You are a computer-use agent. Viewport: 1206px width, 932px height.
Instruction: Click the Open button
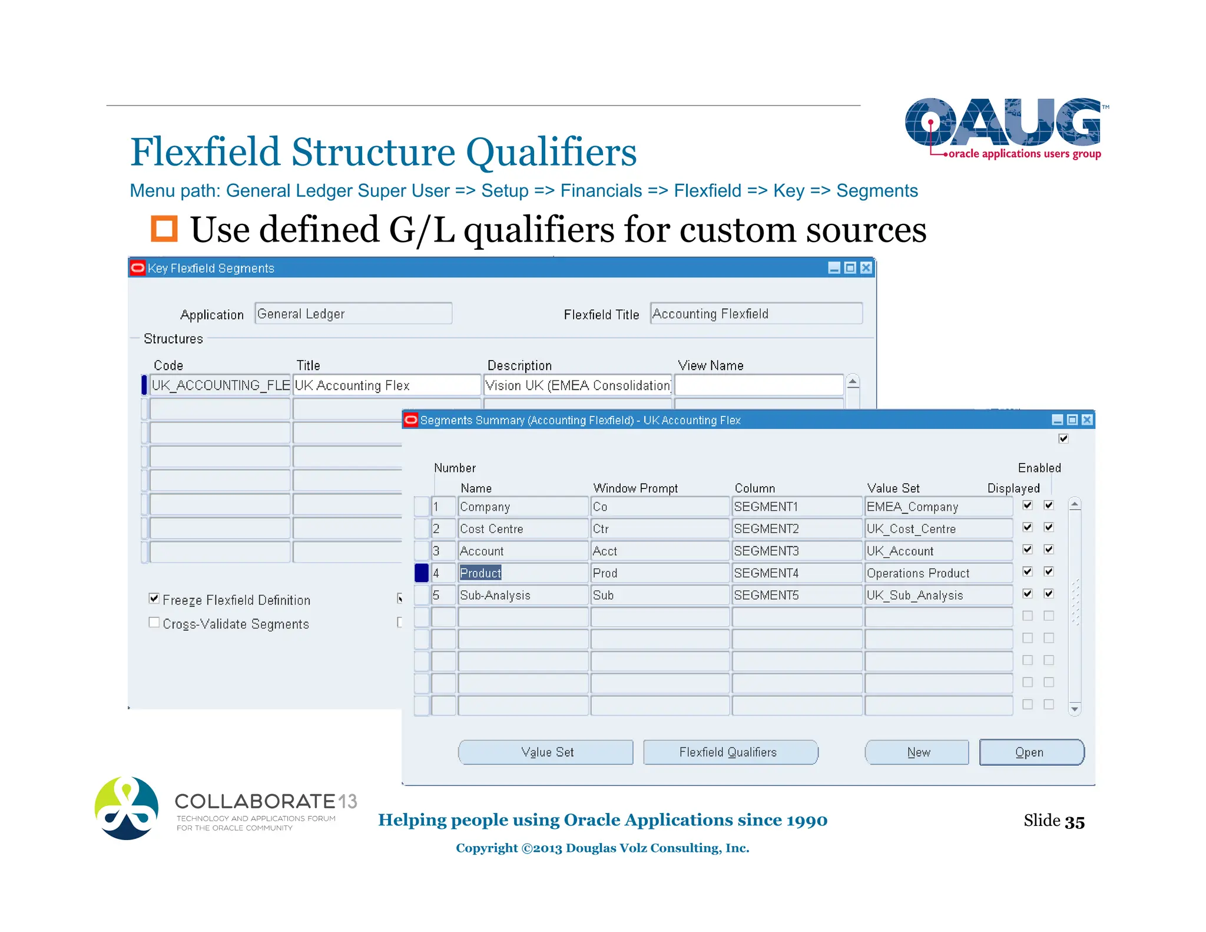(x=1031, y=752)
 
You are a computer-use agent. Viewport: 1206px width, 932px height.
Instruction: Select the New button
(x=917, y=752)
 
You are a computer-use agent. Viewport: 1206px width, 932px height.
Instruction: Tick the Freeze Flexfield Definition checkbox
(x=154, y=599)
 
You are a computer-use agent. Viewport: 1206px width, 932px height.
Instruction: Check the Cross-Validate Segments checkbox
(x=154, y=623)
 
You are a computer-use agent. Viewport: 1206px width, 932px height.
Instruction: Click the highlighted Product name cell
(x=481, y=573)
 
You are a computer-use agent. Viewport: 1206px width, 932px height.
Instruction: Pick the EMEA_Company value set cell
(x=937, y=507)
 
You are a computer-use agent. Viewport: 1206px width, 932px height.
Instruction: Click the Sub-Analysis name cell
(x=522, y=595)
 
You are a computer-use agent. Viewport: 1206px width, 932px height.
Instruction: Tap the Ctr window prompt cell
(x=659, y=528)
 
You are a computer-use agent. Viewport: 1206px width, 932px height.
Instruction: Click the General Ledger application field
(x=353, y=313)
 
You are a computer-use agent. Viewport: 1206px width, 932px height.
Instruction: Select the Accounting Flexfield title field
(x=756, y=313)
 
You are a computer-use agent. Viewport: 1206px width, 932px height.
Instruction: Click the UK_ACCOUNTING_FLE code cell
(x=220, y=385)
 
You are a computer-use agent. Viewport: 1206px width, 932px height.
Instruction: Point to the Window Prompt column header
(x=635, y=488)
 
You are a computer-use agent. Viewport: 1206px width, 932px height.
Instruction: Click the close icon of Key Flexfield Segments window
(x=866, y=268)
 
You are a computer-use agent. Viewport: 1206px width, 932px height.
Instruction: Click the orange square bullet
(x=164, y=229)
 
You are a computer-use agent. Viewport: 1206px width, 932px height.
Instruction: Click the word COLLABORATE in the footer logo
(x=255, y=801)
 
